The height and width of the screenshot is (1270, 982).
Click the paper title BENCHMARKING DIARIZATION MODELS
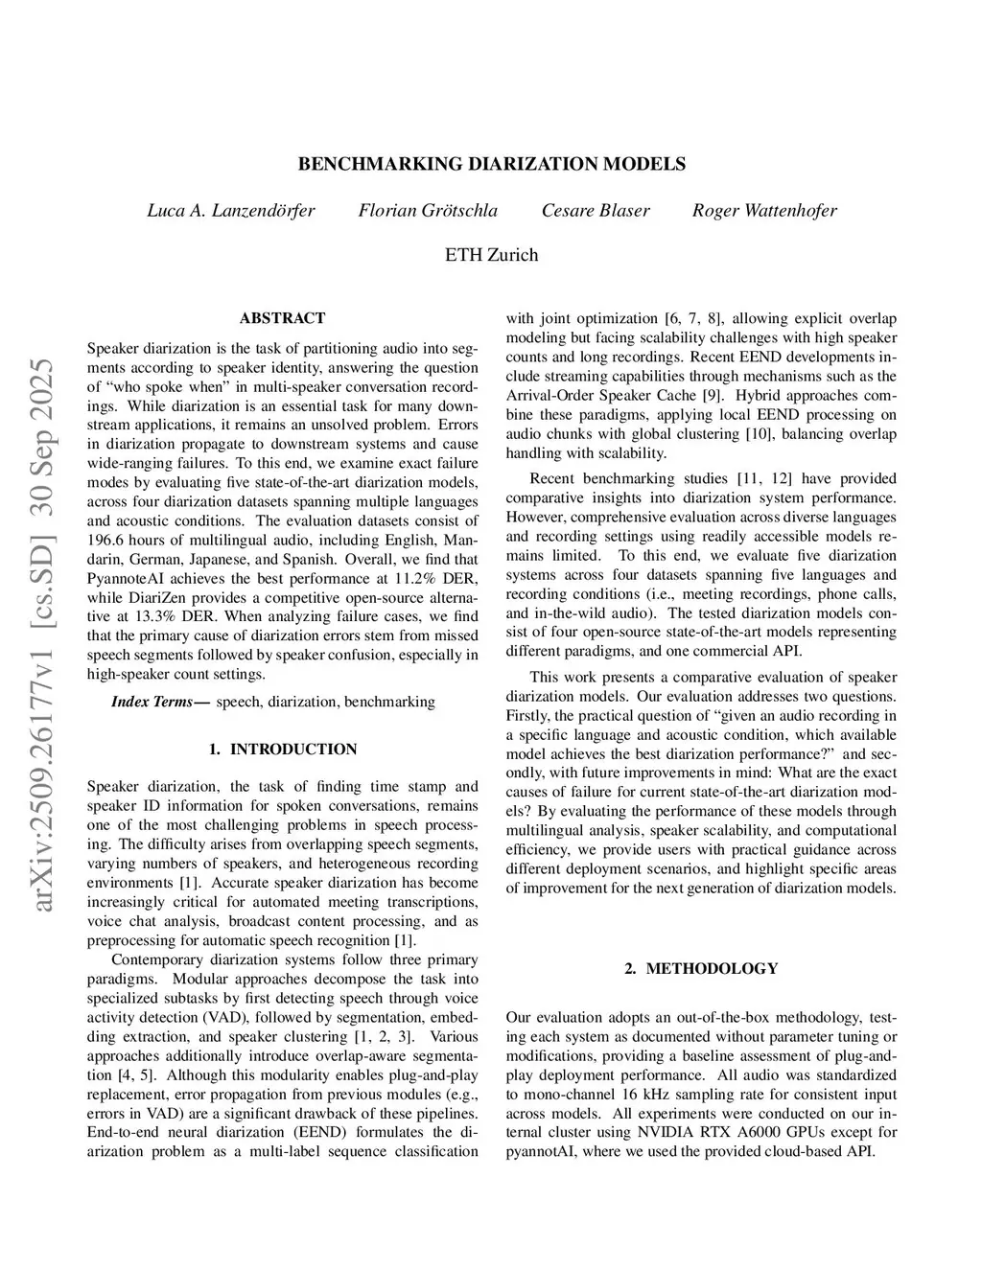point(491,164)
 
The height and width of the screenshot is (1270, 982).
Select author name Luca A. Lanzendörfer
point(230,211)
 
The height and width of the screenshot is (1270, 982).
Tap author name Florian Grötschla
point(428,211)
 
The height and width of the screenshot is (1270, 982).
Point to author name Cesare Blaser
point(596,211)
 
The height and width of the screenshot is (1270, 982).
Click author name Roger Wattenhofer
point(764,211)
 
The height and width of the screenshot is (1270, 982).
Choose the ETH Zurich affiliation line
point(491,255)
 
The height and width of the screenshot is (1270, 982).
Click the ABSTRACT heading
point(282,318)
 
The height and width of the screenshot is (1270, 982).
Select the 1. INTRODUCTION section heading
point(282,750)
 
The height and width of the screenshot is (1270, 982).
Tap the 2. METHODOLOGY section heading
point(701,969)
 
